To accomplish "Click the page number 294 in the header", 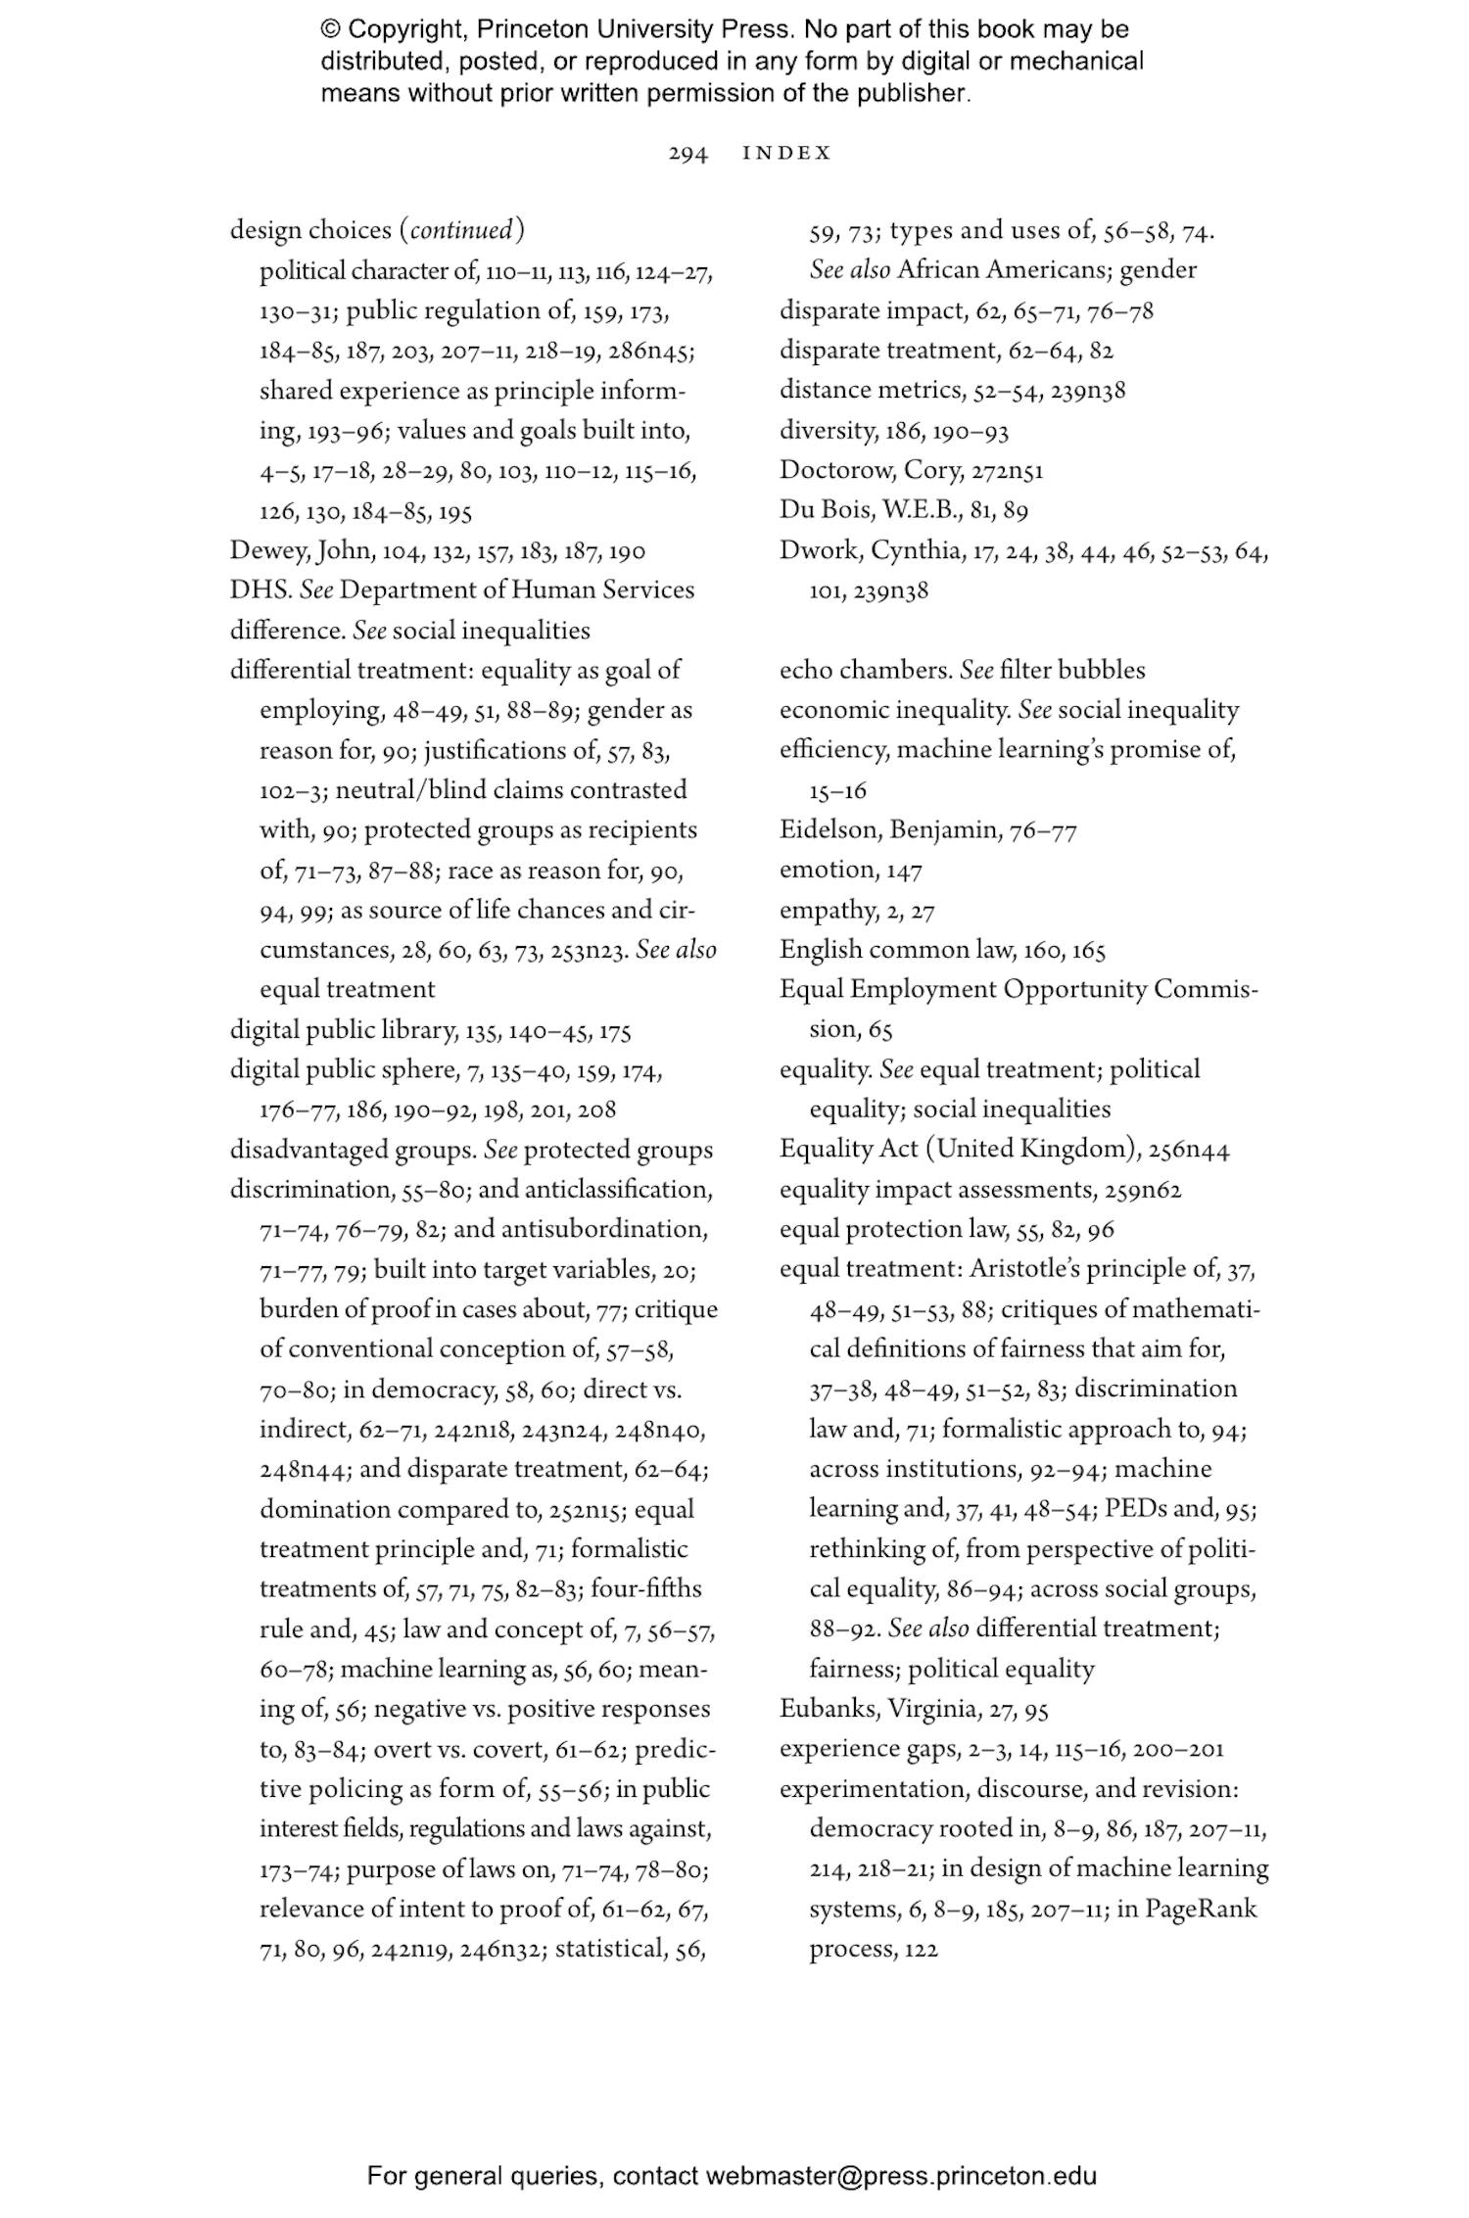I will [687, 154].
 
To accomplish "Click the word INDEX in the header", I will [787, 153].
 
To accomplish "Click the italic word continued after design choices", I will [460, 231].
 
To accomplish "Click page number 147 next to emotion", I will [904, 871].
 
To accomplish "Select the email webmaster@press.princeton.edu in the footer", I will [900, 2176].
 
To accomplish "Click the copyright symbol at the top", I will [330, 30].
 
